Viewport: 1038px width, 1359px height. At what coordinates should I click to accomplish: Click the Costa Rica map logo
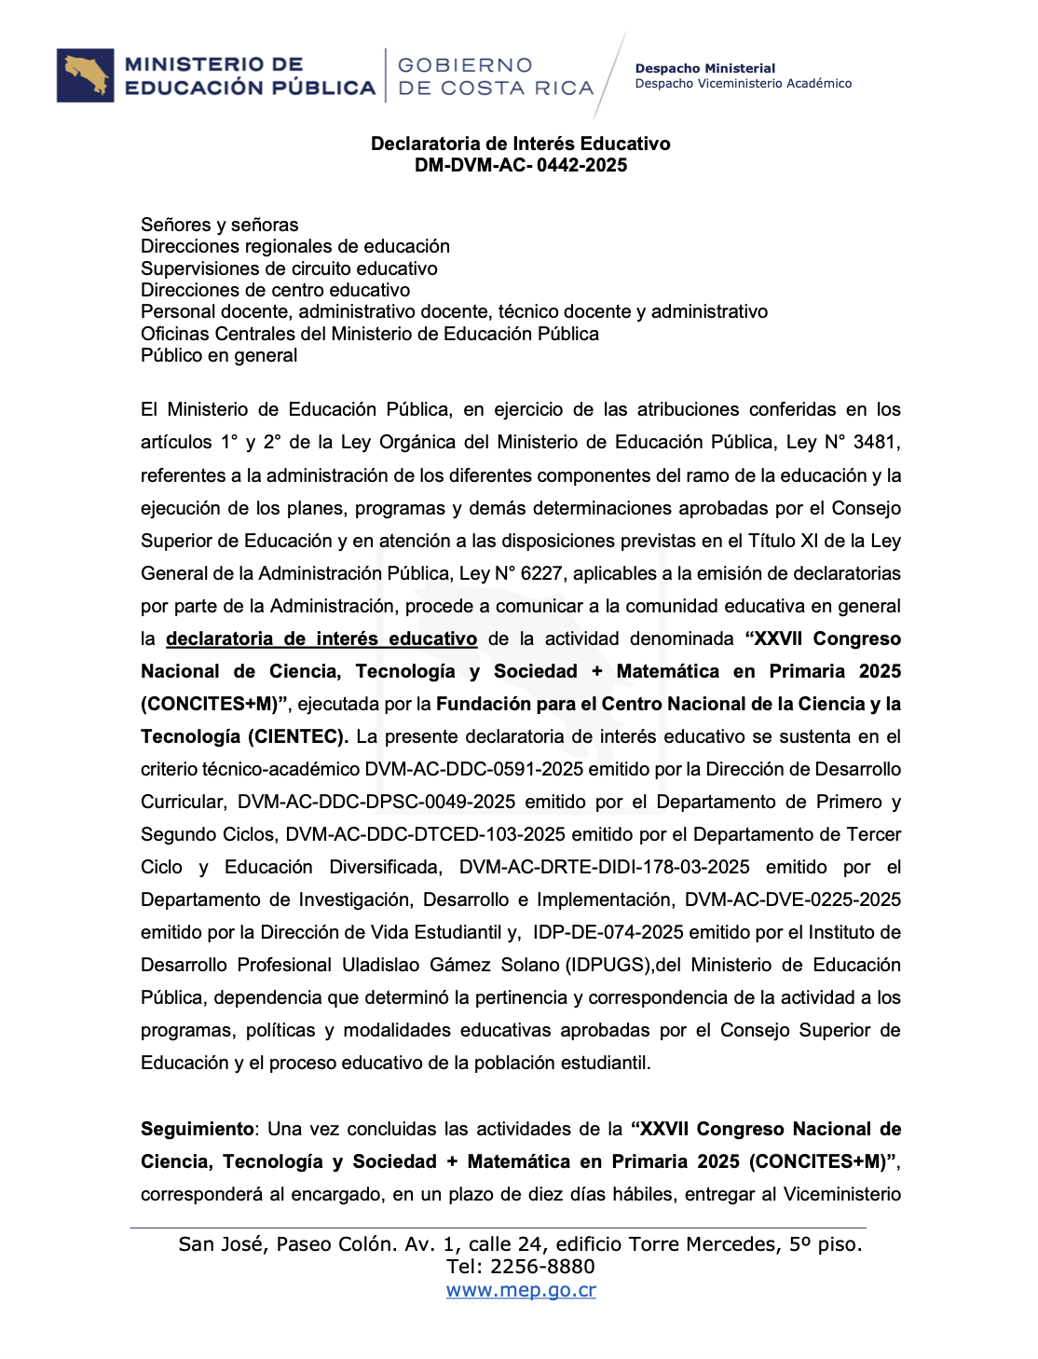[x=86, y=75]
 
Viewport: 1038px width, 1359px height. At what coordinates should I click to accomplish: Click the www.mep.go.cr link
[x=521, y=1290]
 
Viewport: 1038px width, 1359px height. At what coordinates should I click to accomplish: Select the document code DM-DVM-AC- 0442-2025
[x=521, y=165]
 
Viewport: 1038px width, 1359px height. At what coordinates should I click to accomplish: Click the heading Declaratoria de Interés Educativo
[x=521, y=144]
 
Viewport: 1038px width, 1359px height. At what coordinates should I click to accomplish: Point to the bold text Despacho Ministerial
[x=704, y=68]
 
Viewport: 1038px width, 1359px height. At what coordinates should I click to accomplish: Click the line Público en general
[x=219, y=355]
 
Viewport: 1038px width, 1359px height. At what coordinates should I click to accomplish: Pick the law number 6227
[x=540, y=573]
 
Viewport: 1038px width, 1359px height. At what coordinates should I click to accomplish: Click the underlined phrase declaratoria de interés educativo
[x=321, y=638]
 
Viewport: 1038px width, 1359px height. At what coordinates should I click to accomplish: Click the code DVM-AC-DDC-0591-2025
[x=474, y=769]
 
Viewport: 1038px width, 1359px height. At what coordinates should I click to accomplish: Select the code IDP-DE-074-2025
[x=608, y=932]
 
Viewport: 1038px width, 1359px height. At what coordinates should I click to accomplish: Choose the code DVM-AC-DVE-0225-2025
[x=793, y=899]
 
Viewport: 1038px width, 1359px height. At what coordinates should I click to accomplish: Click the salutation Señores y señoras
[x=220, y=225]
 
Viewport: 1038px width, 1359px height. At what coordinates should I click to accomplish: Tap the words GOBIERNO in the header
[x=465, y=65]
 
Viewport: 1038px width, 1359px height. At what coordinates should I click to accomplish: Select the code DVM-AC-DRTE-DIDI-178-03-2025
[x=604, y=867]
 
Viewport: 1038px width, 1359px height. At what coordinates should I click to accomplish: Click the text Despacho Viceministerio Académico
[x=743, y=84]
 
